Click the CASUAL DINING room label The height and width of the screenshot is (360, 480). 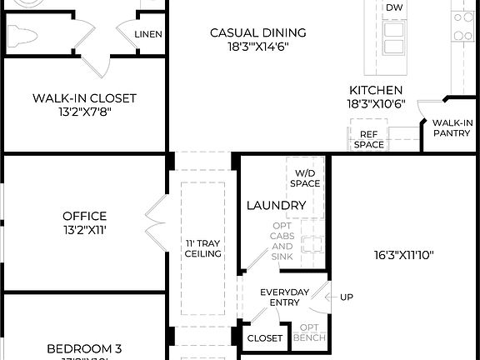(x=257, y=32)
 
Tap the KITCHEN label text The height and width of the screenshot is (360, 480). (x=376, y=90)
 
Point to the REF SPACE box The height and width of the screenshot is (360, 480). (x=369, y=139)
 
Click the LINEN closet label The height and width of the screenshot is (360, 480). (x=148, y=34)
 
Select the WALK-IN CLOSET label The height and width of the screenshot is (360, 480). (x=84, y=98)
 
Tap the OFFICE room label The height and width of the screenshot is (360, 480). (x=84, y=217)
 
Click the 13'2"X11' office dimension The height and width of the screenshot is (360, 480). (x=84, y=231)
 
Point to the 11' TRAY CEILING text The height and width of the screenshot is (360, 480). (x=202, y=248)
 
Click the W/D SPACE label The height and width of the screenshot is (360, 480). (x=304, y=177)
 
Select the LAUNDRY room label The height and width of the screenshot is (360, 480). (x=276, y=205)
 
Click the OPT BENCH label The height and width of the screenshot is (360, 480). (x=309, y=332)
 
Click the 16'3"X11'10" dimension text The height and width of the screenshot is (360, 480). (x=405, y=255)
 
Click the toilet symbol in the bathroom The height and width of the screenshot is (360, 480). (x=25, y=35)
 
